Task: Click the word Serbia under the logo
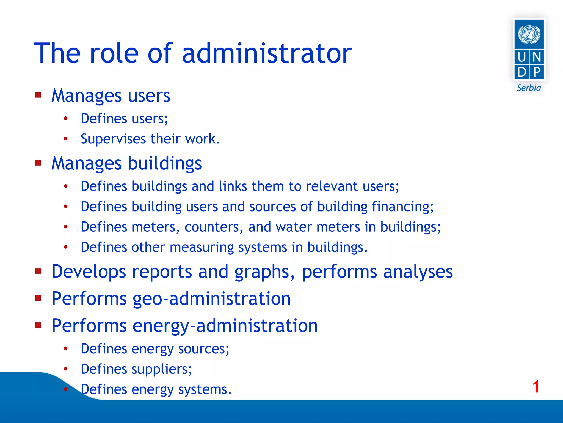529,88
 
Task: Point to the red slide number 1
536,387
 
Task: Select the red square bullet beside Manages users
38,95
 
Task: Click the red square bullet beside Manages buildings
38,163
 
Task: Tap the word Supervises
113,139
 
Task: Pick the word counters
214,227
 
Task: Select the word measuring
202,247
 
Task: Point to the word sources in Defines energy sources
203,349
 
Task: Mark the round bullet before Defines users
65,119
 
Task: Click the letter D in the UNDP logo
521,72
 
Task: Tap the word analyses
418,272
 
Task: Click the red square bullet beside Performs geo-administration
38,298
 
